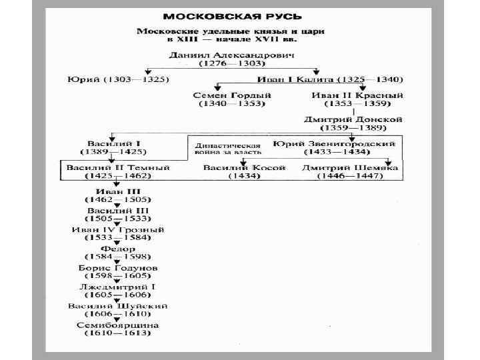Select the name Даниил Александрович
(231, 54)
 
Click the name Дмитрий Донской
(353, 119)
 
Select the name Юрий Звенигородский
(334, 143)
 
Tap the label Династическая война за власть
(227, 149)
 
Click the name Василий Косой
(245, 167)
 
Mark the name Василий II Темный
(117, 167)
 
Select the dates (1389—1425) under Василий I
(117, 152)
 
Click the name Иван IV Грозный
(118, 229)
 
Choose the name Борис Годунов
(117, 268)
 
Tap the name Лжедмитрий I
(117, 287)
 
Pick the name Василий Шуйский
(117, 306)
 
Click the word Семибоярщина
(117, 325)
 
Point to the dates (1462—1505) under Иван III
(117, 199)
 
